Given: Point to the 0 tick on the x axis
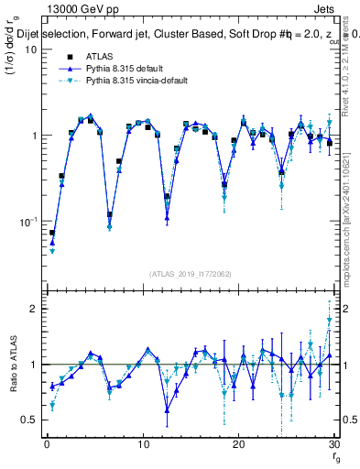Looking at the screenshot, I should pyautogui.click(x=47, y=443).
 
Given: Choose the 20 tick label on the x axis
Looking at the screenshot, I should pyautogui.click(x=238, y=443).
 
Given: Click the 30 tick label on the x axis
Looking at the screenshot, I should pyautogui.click(x=333, y=443).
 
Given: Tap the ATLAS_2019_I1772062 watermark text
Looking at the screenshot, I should pyautogui.click(x=190, y=273).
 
